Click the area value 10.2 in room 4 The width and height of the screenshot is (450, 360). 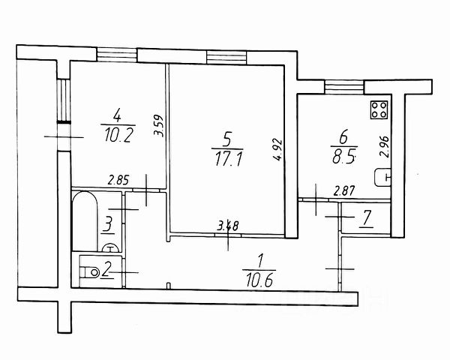click(115, 136)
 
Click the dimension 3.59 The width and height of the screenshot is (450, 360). click(157, 124)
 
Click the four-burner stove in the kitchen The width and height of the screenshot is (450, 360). click(379, 111)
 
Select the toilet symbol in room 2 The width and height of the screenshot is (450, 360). click(90, 270)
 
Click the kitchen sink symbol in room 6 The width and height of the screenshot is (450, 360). click(383, 178)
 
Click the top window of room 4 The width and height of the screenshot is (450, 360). click(117, 55)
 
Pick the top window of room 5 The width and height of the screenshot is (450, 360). click(226, 55)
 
